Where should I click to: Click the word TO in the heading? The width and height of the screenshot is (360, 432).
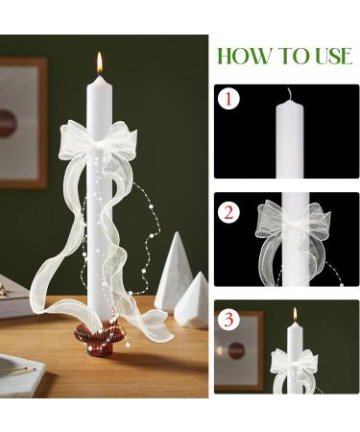click(293, 56)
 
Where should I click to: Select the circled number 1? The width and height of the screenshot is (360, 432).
click(228, 99)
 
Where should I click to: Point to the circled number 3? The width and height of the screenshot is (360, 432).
click(228, 319)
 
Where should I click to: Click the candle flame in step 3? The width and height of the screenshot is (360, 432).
click(295, 314)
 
